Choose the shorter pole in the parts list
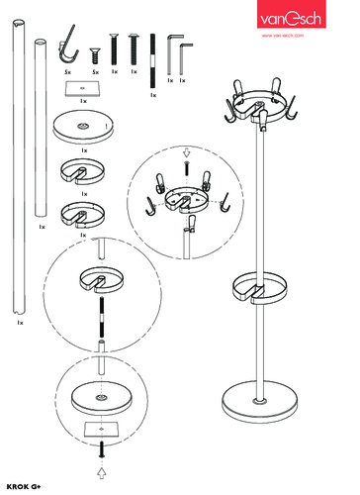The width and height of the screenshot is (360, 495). pos(42,129)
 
